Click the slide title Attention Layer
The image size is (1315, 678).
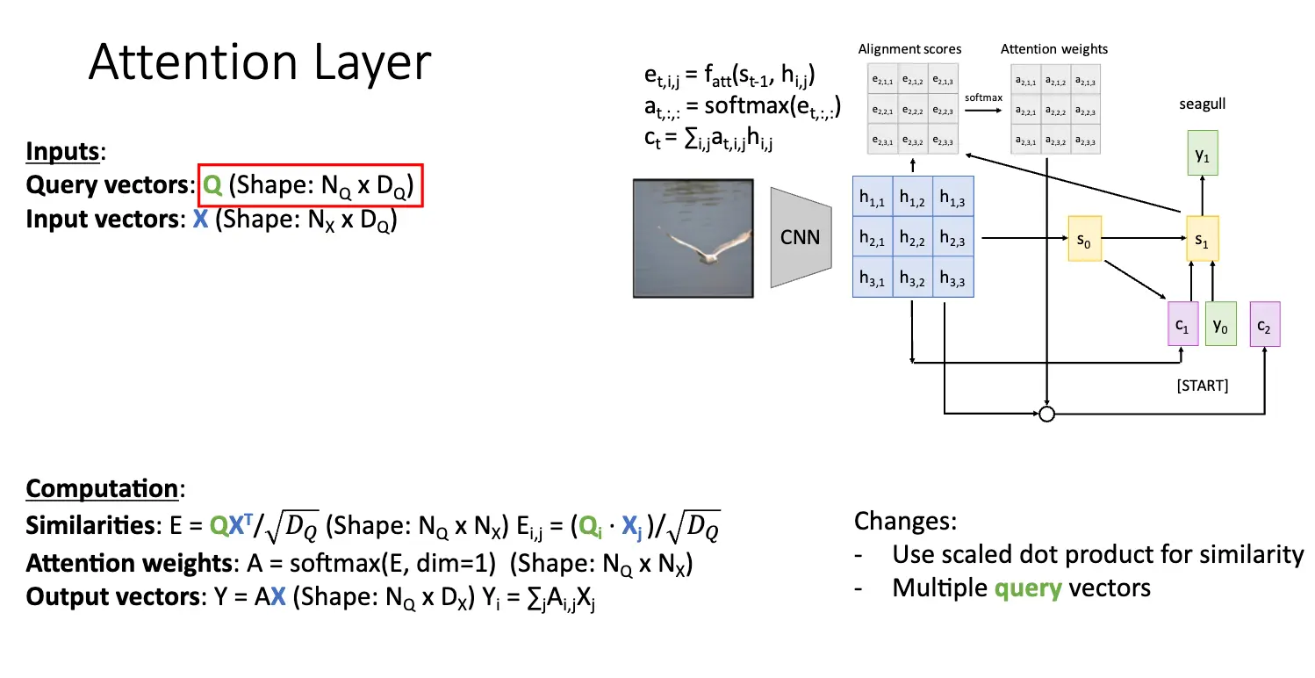tap(260, 63)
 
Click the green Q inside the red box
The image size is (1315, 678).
tap(212, 185)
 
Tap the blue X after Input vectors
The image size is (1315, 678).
tap(200, 220)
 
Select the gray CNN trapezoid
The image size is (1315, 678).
tap(799, 237)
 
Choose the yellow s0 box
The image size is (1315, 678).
tap(1084, 238)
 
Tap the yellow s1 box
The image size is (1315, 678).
tap(1202, 238)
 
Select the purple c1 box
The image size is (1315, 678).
tap(1182, 324)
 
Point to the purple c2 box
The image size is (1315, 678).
tap(1263, 324)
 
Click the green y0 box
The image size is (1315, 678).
tap(1219, 324)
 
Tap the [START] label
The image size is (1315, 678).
tap(1203, 385)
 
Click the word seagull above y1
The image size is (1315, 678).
tap(1202, 104)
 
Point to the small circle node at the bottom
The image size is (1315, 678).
tap(1046, 414)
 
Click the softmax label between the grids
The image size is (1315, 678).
tap(983, 97)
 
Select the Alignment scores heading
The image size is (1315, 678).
tap(909, 49)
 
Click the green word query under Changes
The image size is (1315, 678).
tap(1028, 587)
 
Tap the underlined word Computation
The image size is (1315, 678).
tap(102, 488)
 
